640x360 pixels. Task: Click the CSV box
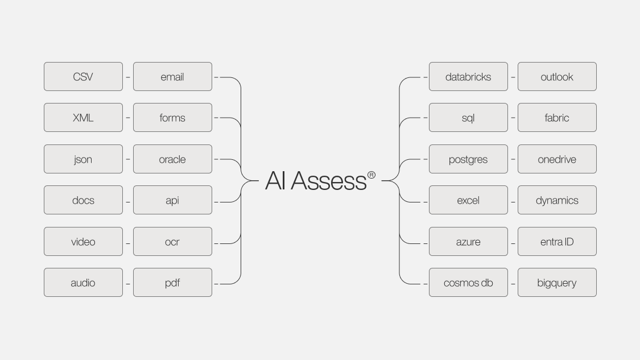[83, 77]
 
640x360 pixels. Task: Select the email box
[172, 77]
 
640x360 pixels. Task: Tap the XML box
[83, 118]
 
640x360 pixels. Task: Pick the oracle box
[172, 159]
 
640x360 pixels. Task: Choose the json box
[83, 159]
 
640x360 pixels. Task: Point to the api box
[172, 200]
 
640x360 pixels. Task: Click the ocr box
[172, 242]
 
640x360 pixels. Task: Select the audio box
[83, 283]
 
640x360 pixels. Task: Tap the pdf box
[172, 283]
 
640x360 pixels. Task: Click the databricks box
[468, 77]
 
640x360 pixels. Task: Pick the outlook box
[557, 77]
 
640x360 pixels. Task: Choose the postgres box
[468, 159]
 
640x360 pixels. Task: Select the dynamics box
[557, 200]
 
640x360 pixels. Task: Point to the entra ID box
[557, 242]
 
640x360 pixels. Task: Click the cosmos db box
[468, 283]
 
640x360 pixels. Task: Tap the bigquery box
[557, 283]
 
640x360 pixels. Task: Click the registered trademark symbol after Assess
[371, 175]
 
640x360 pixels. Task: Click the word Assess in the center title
[329, 181]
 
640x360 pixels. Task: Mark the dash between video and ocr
[128, 243]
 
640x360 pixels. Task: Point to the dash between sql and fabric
[513, 118]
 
